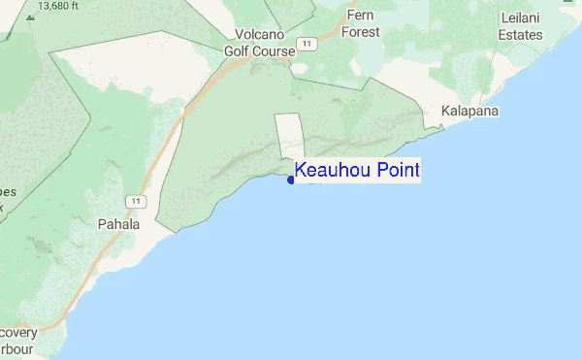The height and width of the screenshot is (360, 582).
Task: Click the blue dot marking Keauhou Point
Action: pos(291,179)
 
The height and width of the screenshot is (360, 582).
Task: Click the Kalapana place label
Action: pos(469,112)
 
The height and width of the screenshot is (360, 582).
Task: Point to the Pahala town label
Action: pos(119,224)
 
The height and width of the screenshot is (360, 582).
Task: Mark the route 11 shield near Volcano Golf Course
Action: pos(307,44)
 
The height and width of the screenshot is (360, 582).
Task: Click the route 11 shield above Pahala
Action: pos(138,201)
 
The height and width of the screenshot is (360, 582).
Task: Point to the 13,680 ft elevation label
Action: pos(55,6)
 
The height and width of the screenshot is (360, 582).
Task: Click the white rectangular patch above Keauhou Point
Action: pos(290,136)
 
